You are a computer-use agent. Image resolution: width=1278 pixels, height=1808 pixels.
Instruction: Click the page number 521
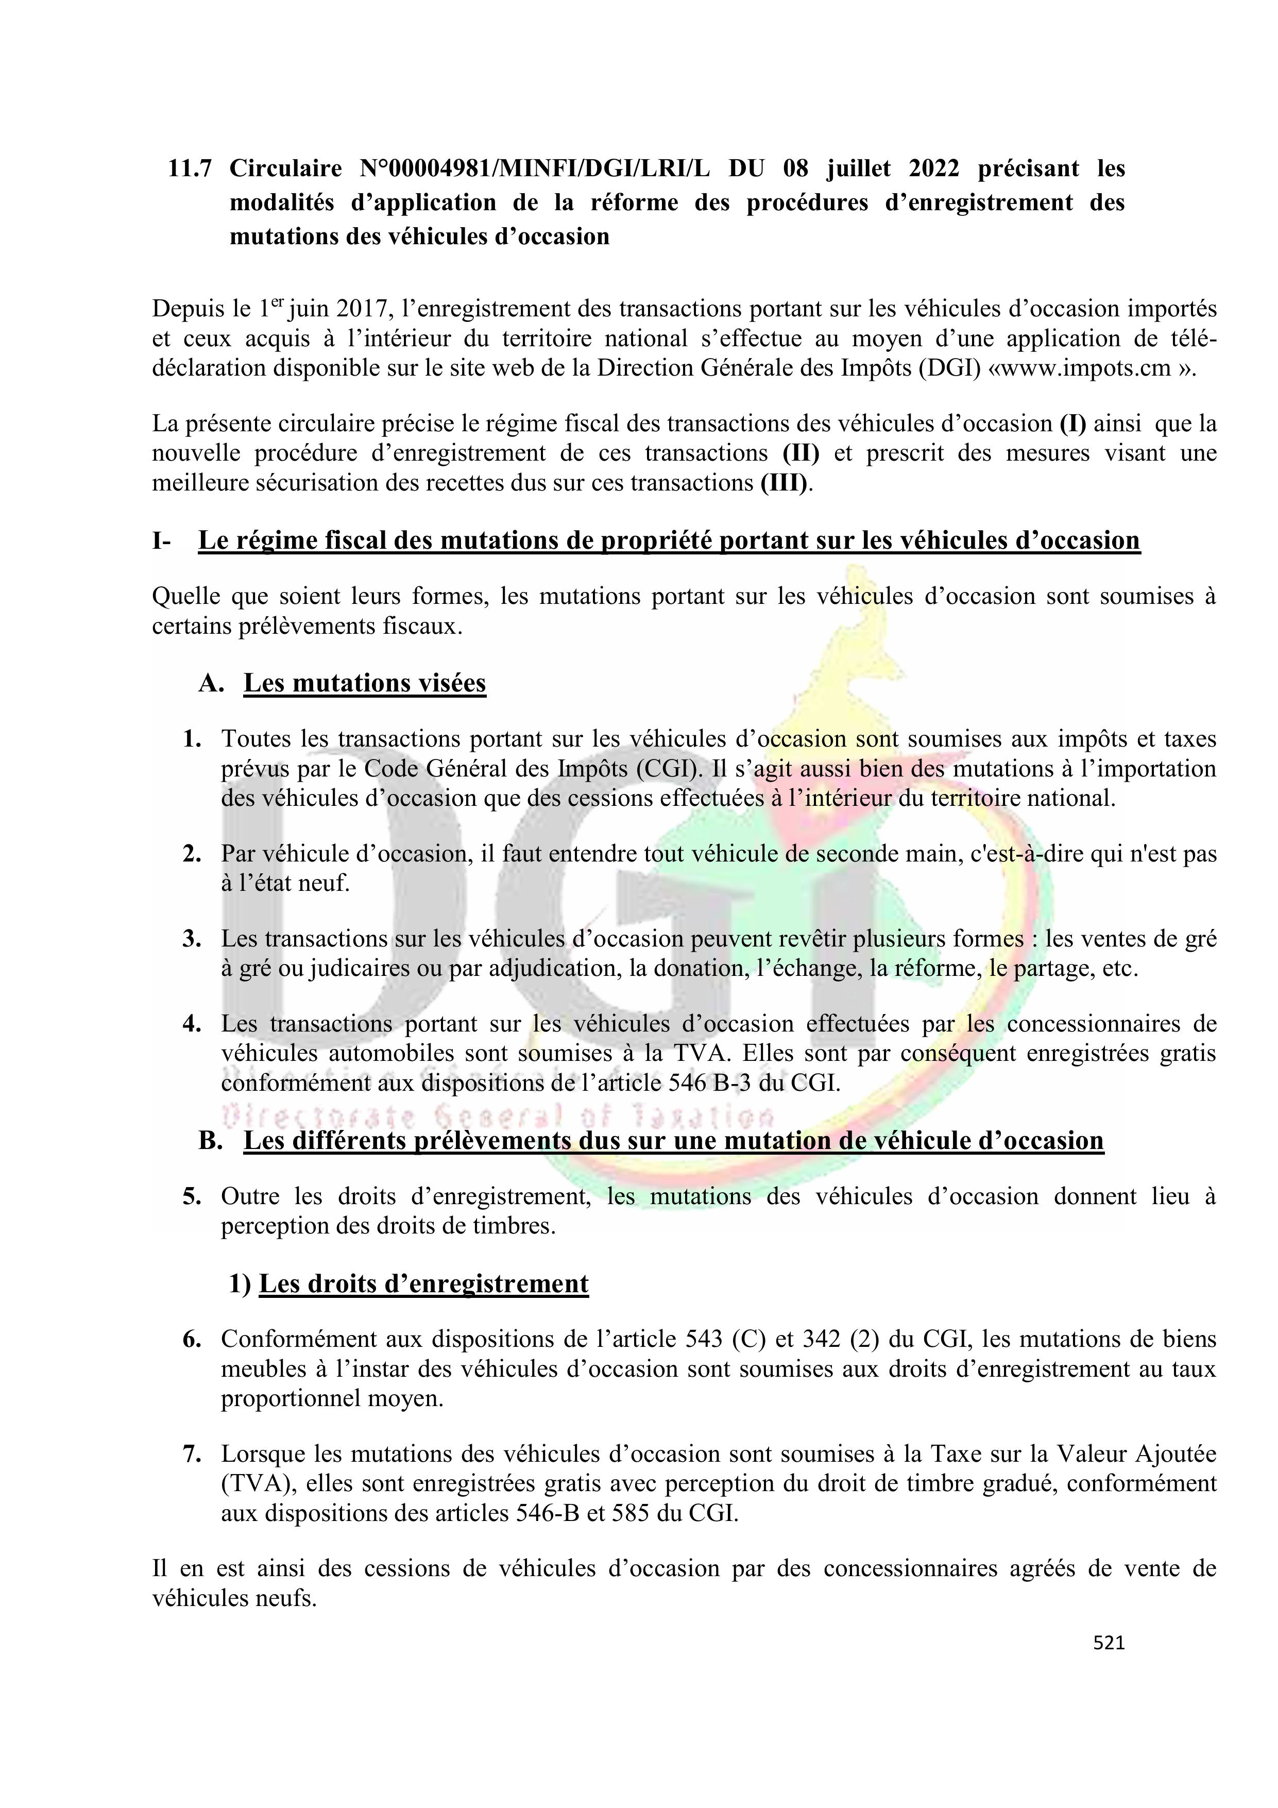click(x=1109, y=1642)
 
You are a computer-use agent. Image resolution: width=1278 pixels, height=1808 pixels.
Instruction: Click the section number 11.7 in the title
click(x=190, y=168)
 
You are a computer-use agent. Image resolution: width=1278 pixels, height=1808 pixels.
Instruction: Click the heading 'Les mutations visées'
click(x=365, y=683)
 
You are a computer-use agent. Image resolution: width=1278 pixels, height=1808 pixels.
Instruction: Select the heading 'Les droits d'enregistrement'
click(x=423, y=1283)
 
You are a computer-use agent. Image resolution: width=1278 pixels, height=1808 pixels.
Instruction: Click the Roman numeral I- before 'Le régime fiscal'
click(x=161, y=541)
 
